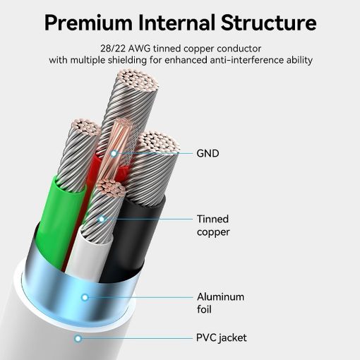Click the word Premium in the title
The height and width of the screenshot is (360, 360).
coord(88,23)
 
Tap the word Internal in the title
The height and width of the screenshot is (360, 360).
coord(176,23)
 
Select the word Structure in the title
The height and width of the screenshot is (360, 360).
coord(268,23)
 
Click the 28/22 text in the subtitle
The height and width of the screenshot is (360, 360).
coord(113,49)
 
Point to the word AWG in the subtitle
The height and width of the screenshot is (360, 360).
coord(140,49)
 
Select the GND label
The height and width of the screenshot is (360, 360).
coord(208,153)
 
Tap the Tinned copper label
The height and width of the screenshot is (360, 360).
coord(213,225)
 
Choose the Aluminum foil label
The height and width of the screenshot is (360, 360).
coord(220,303)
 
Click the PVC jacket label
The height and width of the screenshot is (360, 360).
coord(222,338)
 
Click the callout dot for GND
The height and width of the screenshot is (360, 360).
coord(114,154)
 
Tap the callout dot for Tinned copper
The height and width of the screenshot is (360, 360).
coord(102,220)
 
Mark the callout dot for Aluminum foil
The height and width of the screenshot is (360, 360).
coord(85,297)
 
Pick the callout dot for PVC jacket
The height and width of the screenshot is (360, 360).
coord(78,339)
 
